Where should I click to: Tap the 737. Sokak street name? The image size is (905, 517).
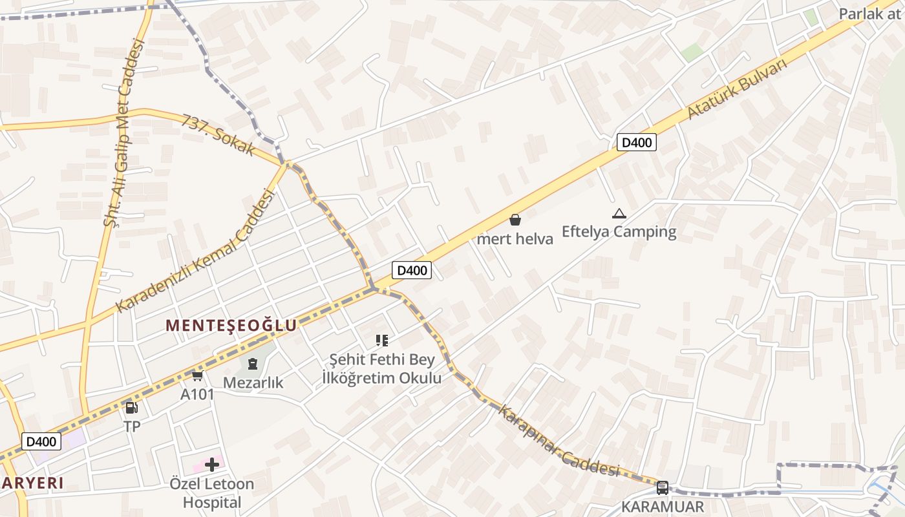(218, 136)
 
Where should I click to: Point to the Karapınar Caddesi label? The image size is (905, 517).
(559, 441)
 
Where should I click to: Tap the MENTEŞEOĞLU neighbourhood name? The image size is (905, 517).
(231, 325)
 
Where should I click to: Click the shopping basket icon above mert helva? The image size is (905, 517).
(515, 220)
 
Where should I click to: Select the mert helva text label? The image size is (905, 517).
(515, 239)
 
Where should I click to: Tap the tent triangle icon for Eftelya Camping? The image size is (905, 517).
(619, 213)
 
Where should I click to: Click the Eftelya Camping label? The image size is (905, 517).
(619, 231)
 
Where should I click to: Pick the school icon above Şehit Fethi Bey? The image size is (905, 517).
(381, 340)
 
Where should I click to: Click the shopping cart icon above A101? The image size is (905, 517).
(197, 375)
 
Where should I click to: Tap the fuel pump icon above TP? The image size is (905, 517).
(131, 407)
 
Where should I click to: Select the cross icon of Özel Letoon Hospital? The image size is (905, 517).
(211, 464)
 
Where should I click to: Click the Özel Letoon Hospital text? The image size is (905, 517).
(211, 493)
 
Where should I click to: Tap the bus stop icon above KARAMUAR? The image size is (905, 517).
(662, 487)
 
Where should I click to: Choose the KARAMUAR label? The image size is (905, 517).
(662, 507)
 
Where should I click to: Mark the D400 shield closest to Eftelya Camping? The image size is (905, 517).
(637, 142)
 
